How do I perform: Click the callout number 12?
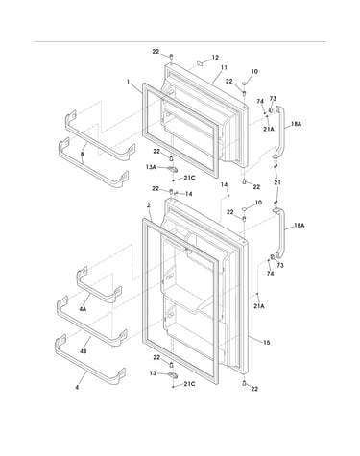tap(215, 58)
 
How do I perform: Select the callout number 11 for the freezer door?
tap(224, 67)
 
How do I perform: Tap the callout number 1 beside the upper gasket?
tap(128, 82)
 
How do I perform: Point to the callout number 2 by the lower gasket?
tap(149, 205)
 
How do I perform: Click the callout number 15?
tap(266, 343)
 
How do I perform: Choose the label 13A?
tap(151, 167)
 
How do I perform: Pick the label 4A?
tap(83, 309)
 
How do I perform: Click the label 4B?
tap(83, 351)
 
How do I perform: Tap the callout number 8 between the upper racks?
tap(83, 154)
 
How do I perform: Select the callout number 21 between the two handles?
tap(277, 182)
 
